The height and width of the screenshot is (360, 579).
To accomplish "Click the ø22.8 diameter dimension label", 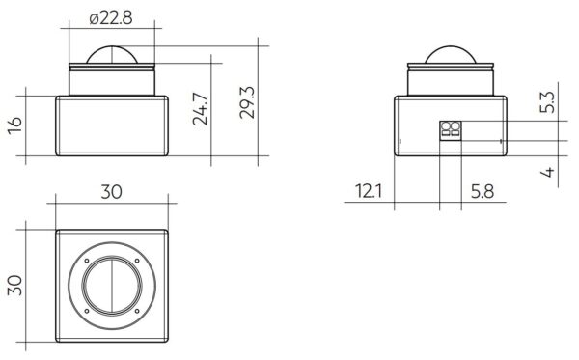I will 111,17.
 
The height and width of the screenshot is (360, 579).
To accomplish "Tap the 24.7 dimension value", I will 201,108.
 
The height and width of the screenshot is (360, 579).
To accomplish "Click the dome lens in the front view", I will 112,55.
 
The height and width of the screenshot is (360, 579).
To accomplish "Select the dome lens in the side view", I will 452,55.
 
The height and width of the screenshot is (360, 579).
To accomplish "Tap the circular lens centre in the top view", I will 112,286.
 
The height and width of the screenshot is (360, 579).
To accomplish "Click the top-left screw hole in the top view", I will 87,261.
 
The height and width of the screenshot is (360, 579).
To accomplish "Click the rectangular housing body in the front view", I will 112,125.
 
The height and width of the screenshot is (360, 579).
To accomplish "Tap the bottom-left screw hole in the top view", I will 87,311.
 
